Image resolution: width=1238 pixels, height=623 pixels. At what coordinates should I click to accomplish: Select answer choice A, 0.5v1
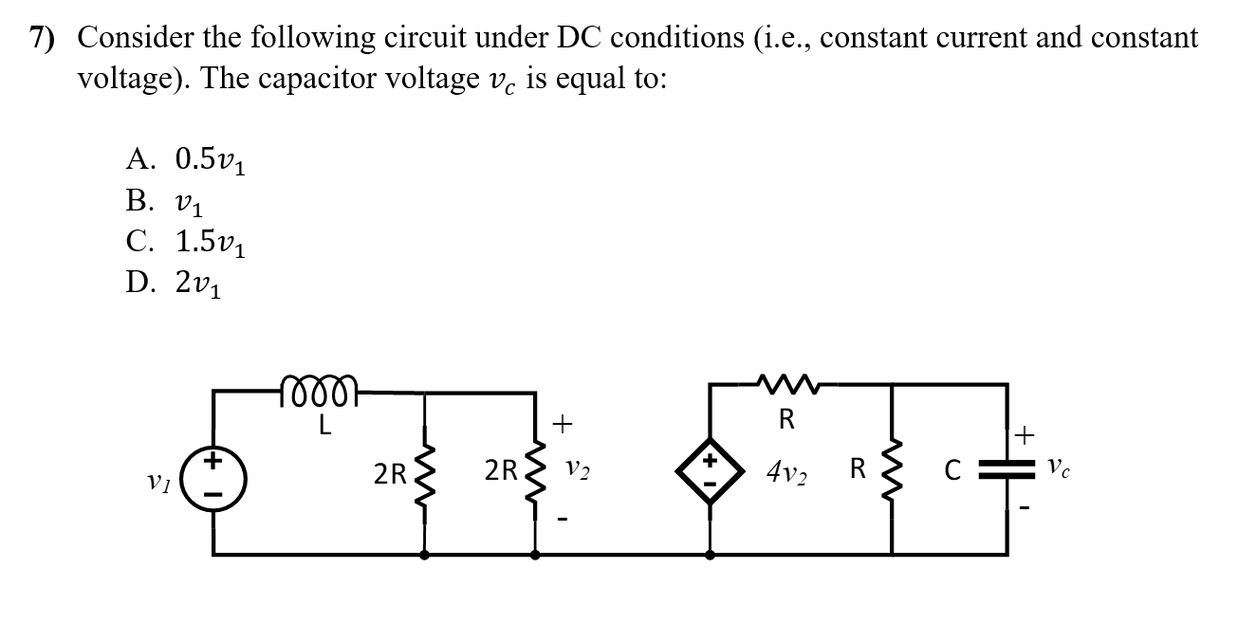tap(187, 159)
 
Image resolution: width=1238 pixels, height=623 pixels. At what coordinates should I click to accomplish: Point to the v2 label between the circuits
tap(579, 469)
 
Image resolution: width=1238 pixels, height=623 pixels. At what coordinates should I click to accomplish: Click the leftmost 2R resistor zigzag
tap(423, 471)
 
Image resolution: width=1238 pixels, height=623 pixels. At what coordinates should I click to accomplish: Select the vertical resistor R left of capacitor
tap(892, 471)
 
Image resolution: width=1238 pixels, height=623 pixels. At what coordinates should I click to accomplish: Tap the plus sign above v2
tap(563, 424)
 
